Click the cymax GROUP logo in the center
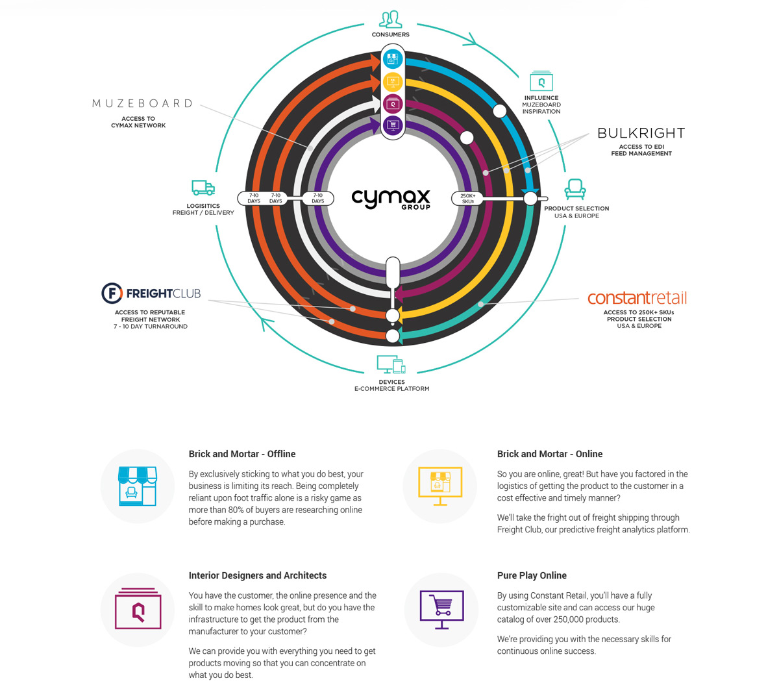[391, 198]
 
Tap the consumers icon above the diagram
[390, 19]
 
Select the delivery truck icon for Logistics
[203, 188]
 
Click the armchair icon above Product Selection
[575, 189]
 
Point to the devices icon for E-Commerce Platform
[391, 364]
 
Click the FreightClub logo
[151, 294]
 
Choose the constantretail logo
[637, 298]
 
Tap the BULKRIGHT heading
[641, 133]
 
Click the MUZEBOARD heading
[143, 103]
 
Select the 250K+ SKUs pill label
[467, 198]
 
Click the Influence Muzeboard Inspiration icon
[541, 81]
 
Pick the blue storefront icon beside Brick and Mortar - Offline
[138, 486]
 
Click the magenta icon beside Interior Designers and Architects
[138, 610]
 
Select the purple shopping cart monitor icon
[441, 610]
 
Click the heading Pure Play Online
[532, 575]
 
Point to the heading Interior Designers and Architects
[258, 575]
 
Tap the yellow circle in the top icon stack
[393, 82]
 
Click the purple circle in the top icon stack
[393, 125]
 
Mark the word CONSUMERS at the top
[390, 34]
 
